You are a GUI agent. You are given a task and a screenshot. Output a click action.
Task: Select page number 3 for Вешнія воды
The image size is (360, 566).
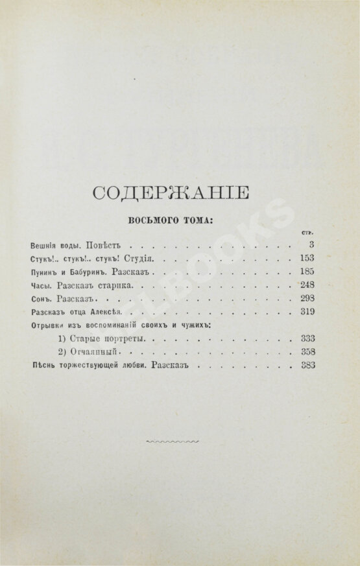click(311, 245)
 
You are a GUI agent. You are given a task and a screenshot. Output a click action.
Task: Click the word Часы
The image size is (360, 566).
click(40, 286)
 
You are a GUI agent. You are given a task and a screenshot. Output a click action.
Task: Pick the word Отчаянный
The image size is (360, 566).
click(96, 353)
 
